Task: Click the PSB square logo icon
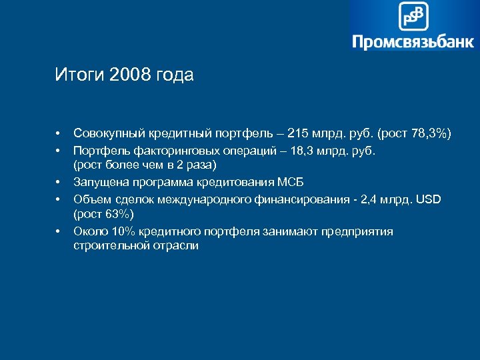tap(413, 16)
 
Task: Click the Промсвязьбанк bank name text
tap(413, 42)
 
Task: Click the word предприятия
tap(357, 231)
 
